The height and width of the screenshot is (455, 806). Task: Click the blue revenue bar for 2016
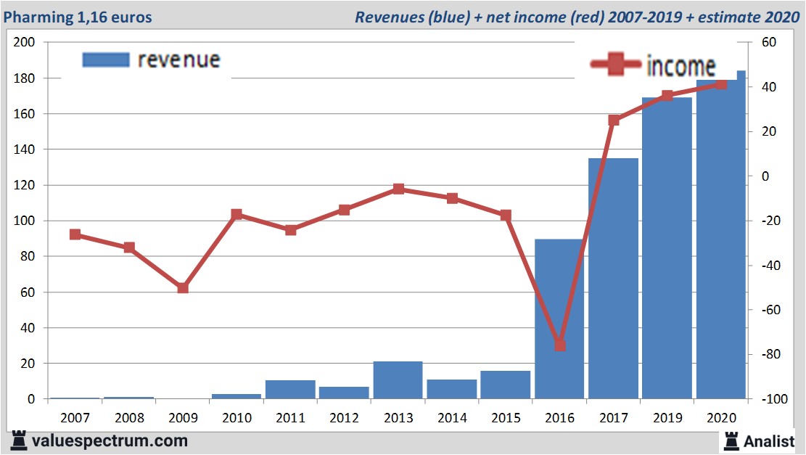click(559, 319)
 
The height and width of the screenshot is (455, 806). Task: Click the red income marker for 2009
click(183, 288)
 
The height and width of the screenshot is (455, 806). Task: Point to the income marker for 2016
click(559, 345)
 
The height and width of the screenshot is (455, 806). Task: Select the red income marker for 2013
click(398, 189)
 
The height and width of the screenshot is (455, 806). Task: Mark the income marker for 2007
click(75, 234)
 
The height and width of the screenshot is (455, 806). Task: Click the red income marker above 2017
click(614, 120)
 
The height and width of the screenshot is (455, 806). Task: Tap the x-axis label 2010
click(237, 418)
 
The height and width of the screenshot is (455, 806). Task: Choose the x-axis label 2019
click(667, 418)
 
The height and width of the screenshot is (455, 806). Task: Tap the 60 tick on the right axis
click(770, 43)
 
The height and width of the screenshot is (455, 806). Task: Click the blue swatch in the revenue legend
click(106, 60)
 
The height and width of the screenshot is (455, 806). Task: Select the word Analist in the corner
click(769, 440)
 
